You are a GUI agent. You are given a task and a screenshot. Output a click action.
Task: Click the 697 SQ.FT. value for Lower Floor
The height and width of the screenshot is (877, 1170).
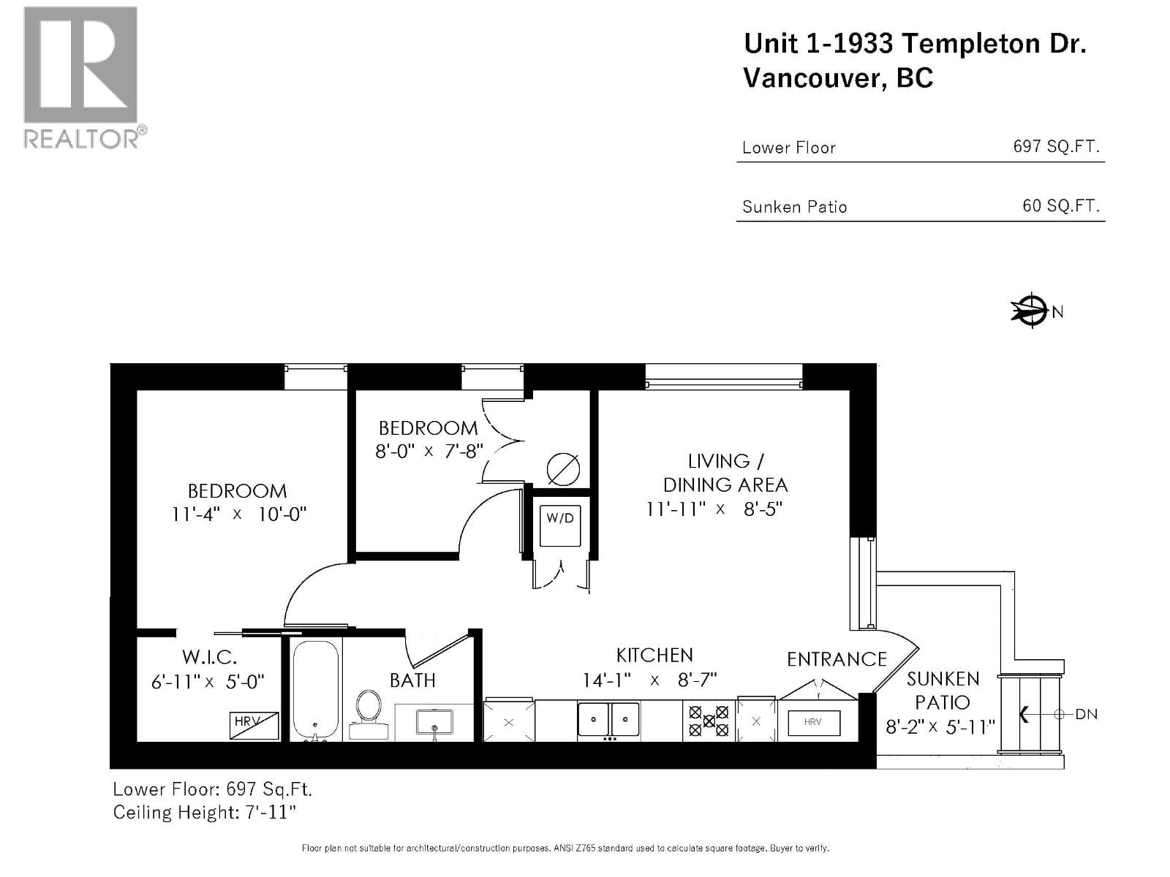click(1055, 146)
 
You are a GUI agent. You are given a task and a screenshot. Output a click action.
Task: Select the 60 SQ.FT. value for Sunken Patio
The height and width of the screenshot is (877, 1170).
click(1060, 205)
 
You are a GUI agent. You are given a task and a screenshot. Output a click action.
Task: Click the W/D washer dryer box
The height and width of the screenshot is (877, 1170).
click(560, 525)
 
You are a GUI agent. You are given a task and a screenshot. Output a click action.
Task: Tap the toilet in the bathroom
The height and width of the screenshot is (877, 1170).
click(369, 713)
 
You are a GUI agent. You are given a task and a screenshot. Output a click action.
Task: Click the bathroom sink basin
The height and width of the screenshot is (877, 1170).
click(434, 722)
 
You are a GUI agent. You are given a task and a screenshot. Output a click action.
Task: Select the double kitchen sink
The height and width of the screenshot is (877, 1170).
click(608, 719)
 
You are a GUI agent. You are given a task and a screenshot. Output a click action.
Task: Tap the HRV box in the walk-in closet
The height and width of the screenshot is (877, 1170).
click(254, 725)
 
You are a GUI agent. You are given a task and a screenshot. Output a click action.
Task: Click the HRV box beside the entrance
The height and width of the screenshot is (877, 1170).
click(813, 723)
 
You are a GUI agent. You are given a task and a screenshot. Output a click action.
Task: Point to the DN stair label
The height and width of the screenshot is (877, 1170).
click(1086, 714)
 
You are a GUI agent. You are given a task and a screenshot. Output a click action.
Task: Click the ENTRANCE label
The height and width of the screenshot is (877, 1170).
click(837, 659)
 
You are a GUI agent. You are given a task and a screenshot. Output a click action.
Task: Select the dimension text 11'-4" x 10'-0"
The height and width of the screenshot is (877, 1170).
click(238, 514)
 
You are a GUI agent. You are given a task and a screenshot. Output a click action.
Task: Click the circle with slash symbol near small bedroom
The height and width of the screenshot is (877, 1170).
click(563, 469)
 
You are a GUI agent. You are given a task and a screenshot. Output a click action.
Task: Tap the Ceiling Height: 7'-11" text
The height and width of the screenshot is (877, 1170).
click(204, 812)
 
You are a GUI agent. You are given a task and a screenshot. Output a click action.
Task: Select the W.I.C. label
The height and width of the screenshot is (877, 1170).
click(208, 657)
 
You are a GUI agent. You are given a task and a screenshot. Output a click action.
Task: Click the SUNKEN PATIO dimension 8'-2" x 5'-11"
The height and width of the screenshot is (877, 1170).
click(940, 726)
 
